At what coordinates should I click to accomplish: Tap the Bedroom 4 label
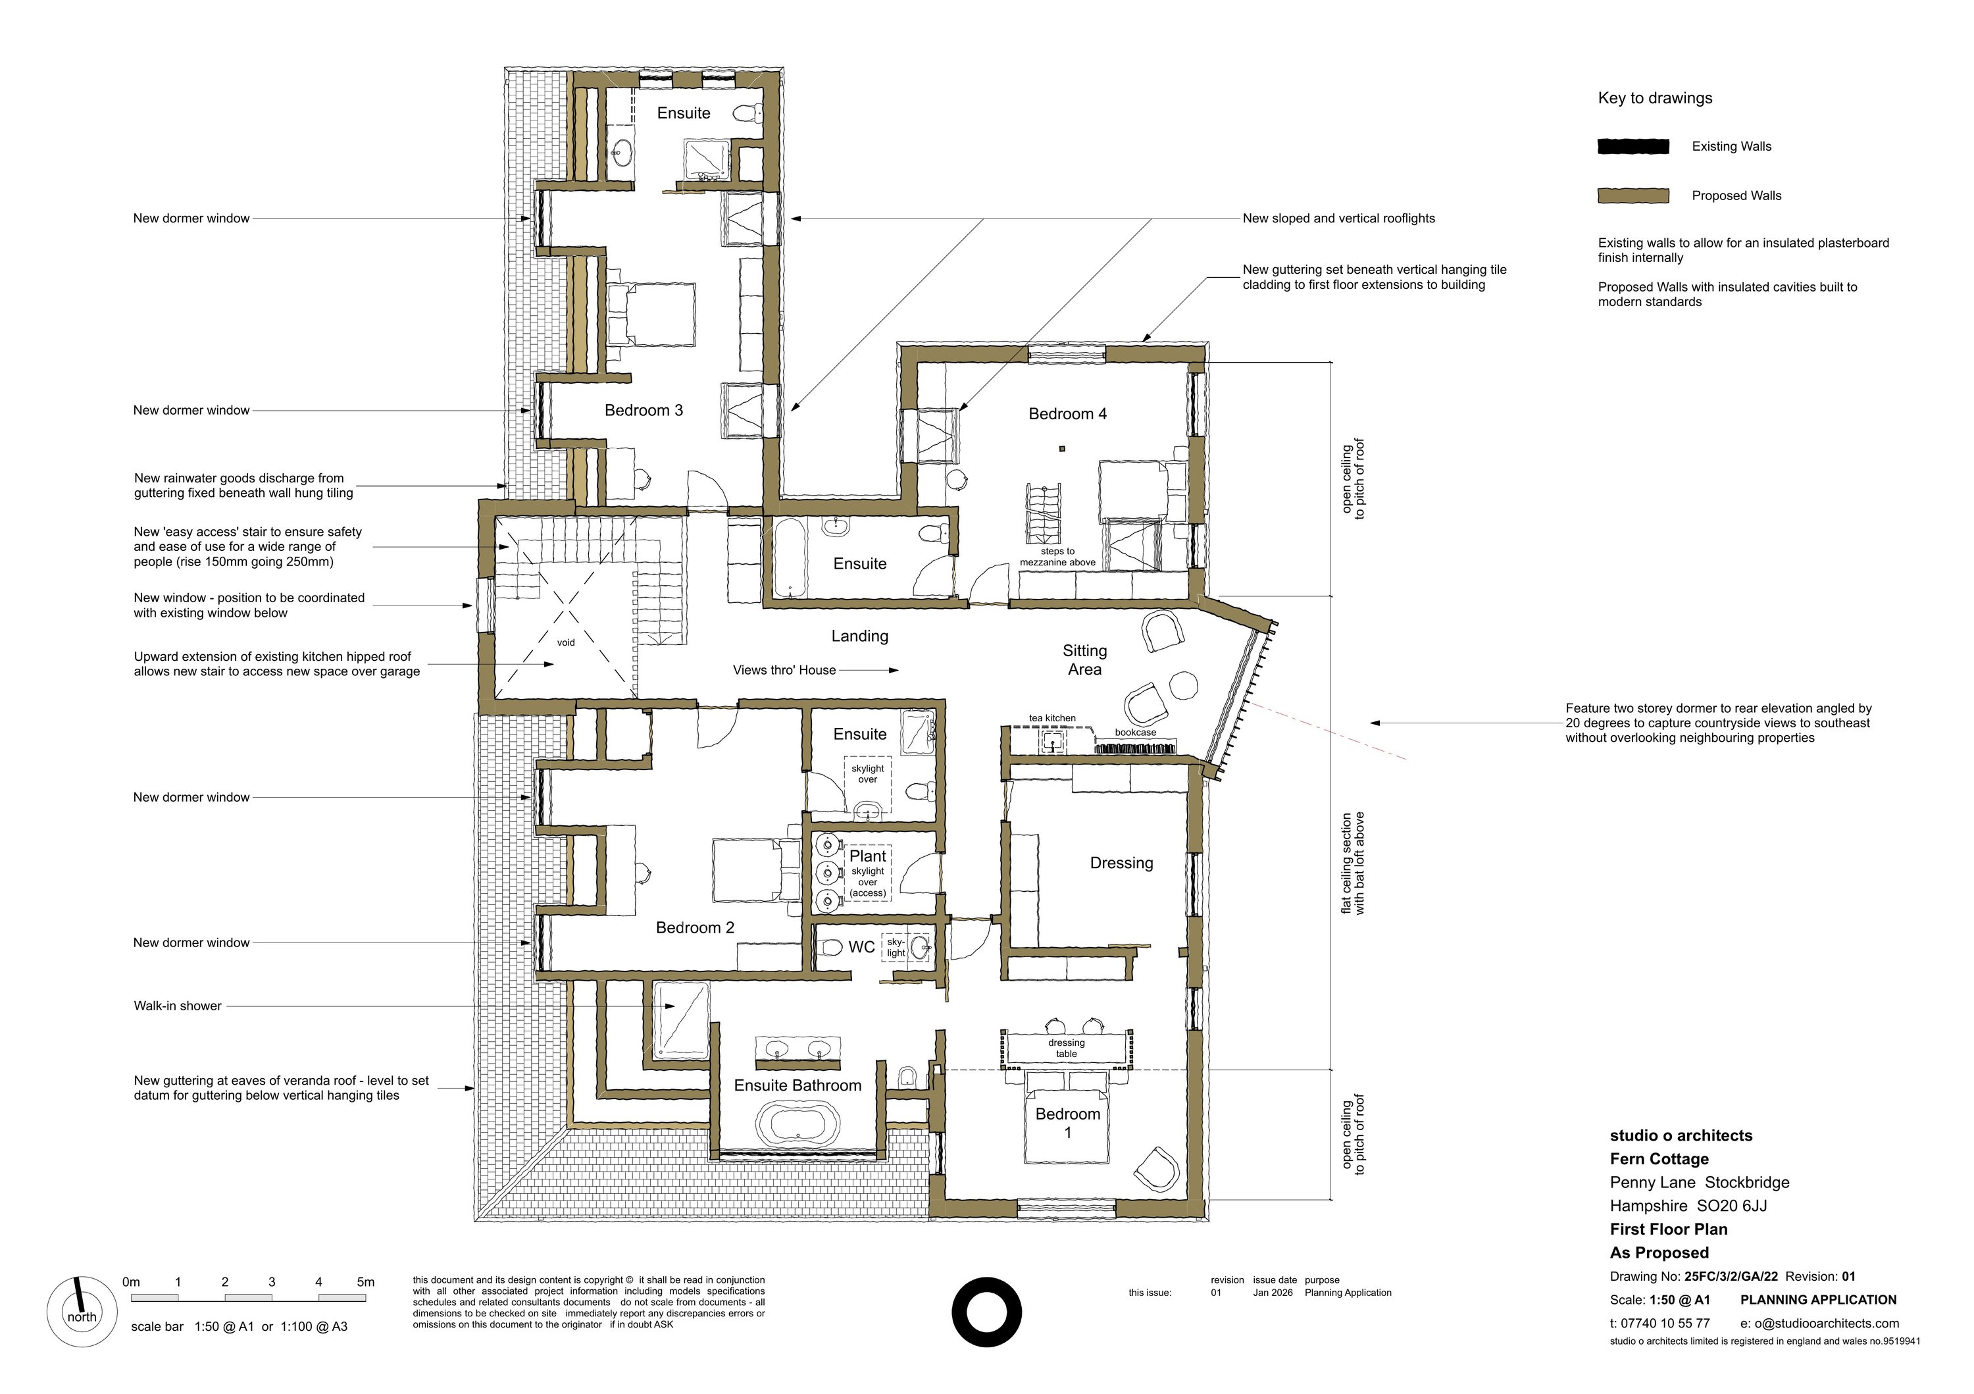click(x=1067, y=413)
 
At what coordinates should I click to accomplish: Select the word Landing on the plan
click(x=860, y=636)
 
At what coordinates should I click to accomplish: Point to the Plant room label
click(x=867, y=856)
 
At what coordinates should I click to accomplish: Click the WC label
click(x=861, y=947)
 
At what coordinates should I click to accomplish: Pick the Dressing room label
click(x=1121, y=863)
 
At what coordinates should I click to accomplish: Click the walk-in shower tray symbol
click(x=681, y=1021)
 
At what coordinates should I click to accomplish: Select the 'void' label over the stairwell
click(x=566, y=642)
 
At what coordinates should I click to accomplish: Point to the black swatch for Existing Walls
click(x=1632, y=147)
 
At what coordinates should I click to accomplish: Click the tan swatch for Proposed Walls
click(x=1632, y=196)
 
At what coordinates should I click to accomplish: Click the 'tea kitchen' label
click(x=1052, y=718)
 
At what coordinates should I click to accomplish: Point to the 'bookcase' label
click(x=1135, y=733)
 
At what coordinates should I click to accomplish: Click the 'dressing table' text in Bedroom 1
click(x=1066, y=1048)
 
